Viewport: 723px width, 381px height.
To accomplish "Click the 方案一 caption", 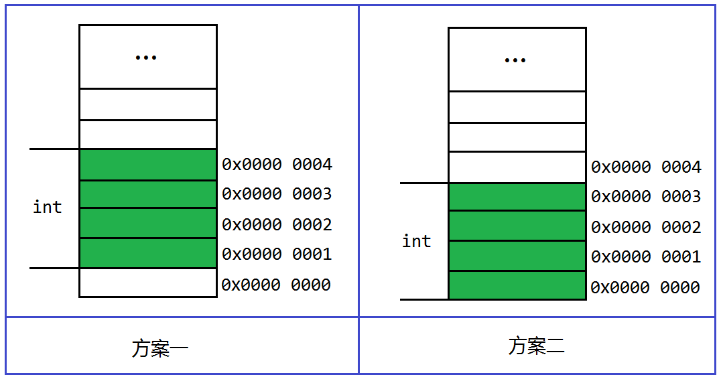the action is (x=160, y=348).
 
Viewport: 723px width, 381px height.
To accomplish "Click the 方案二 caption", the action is (x=536, y=346).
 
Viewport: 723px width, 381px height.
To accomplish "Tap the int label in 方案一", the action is (x=48, y=207).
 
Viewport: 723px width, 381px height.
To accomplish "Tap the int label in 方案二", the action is (x=416, y=241).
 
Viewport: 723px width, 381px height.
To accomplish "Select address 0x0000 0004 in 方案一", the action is (x=277, y=165).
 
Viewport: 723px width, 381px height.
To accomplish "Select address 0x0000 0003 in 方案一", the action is (x=277, y=194).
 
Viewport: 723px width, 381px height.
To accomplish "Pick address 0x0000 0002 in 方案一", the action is (x=277, y=225).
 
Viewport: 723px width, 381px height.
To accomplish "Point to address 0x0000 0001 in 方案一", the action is (x=277, y=254).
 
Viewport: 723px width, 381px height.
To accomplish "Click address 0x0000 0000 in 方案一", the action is (x=276, y=285).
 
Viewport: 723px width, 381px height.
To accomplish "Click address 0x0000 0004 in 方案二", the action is (x=647, y=167).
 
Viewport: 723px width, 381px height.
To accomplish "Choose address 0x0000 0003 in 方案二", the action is (x=647, y=197).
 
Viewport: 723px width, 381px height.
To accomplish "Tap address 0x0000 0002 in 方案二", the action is (x=647, y=227).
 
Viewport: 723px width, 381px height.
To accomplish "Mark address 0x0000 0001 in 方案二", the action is (x=647, y=256).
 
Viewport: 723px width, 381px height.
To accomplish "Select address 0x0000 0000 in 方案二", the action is (x=645, y=287).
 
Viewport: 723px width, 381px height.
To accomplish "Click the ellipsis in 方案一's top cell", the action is (x=145, y=58).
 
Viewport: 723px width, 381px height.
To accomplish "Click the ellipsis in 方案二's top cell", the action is (x=515, y=60).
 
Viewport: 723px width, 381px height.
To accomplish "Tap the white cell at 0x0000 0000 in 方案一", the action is (x=148, y=283).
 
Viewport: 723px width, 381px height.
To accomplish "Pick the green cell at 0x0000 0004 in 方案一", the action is (x=148, y=165).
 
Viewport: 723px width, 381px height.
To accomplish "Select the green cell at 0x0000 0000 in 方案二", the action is (x=517, y=285).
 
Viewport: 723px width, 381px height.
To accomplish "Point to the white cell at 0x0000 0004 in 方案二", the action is (x=517, y=167).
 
